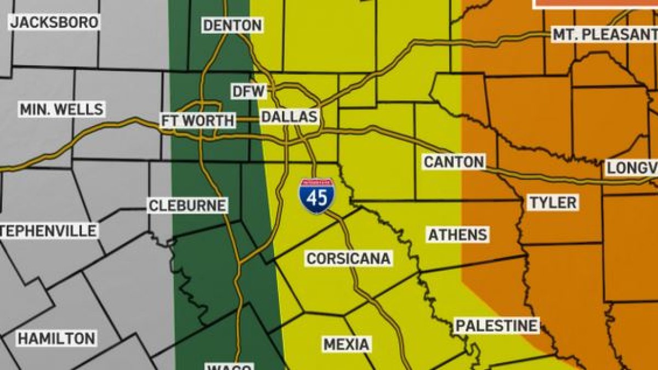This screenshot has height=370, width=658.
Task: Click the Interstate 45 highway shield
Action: coord(317,196)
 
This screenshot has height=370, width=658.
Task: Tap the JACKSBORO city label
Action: coord(54,22)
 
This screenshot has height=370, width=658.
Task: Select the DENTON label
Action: coord(232,25)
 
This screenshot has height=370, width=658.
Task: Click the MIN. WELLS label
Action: coord(61,109)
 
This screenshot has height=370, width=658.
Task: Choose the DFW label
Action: coord(248,92)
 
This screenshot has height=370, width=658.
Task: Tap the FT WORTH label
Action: coord(198,121)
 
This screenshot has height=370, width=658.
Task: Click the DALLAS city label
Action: coord(289,117)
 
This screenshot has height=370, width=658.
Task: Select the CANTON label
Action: coord(454,162)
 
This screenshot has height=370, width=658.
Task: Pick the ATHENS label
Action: coord(458,235)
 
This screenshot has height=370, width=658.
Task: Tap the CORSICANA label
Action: coord(349,258)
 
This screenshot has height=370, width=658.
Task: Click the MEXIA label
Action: coord(346,344)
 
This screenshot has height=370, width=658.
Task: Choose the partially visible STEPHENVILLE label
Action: coord(49,230)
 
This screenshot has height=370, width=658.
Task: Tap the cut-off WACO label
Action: coord(229,366)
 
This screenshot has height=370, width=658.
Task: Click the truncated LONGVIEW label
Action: coord(631,168)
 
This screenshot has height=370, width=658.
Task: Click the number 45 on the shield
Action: coord(317,198)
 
